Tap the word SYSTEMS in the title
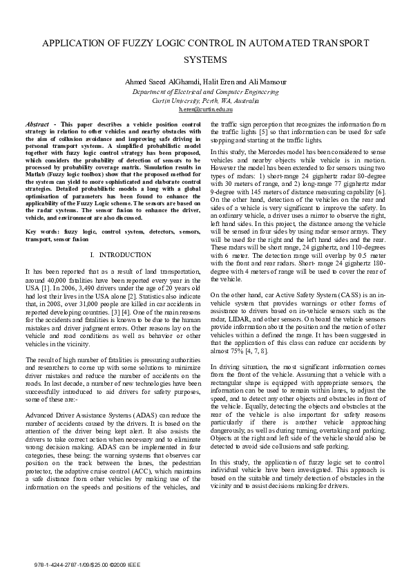[205, 60]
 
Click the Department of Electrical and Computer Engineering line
[205, 91]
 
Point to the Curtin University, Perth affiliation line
[205, 100]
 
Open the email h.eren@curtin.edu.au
[205, 109]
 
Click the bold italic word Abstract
[37, 124]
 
